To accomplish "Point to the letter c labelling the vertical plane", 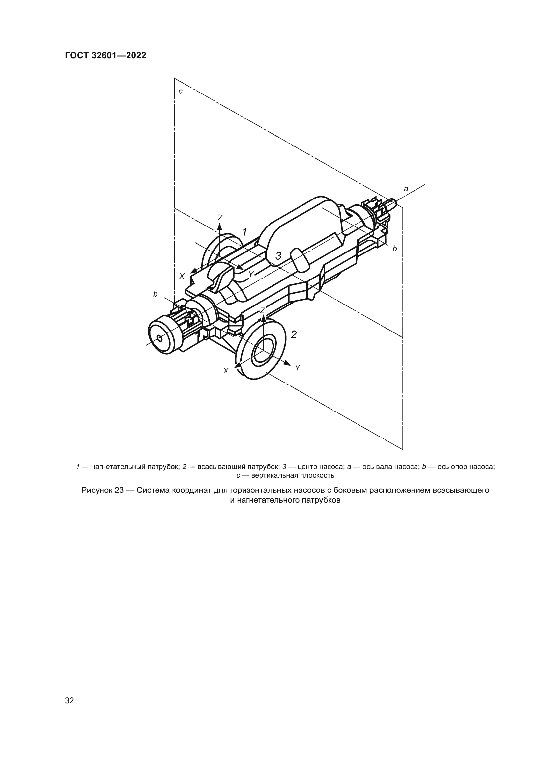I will pos(180,91).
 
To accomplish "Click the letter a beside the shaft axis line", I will pos(406,189).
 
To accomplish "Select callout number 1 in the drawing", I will pos(244,232).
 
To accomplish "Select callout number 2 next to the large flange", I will pos(294,335).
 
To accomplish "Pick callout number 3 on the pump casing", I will pos(278,256).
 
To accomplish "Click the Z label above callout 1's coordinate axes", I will pos(220,218).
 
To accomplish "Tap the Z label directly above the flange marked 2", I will pos(263,311).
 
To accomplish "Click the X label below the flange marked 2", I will pos(226,371).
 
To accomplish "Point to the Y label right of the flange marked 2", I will pos(297,368).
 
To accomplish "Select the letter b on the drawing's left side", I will pos(155,294).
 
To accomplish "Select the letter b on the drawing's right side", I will pos(395,249).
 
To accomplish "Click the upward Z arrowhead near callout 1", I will pos(220,227).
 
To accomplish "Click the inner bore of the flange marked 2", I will pos(264,351).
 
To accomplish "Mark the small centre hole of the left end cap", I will pos(160,339).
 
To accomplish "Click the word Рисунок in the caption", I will pos(97,490).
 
